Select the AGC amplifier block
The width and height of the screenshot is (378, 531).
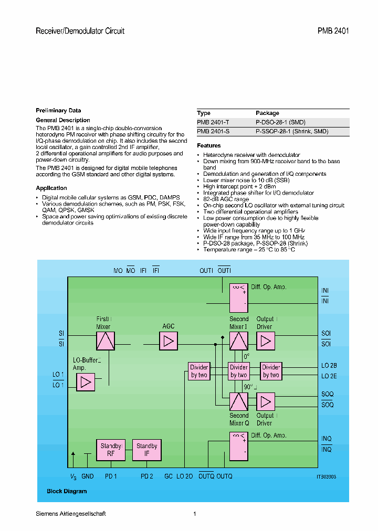point(169,341)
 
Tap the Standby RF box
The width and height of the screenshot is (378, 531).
point(111,450)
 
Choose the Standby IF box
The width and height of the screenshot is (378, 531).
point(146,450)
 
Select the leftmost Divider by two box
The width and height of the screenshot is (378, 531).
point(199,371)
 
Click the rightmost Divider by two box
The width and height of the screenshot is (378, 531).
point(271,371)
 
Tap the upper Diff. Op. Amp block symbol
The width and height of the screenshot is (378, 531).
point(239,298)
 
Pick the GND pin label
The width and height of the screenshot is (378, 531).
point(88,476)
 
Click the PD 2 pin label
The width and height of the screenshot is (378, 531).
point(146,476)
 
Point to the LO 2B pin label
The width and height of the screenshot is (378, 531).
point(329,366)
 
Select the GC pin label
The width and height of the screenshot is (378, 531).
point(168,476)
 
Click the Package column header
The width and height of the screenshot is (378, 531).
point(267,113)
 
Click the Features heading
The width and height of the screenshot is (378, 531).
point(208,145)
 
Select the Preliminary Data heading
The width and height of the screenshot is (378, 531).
point(58,110)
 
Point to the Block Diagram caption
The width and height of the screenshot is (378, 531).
point(67,491)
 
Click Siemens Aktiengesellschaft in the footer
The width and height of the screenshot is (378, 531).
point(70,514)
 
